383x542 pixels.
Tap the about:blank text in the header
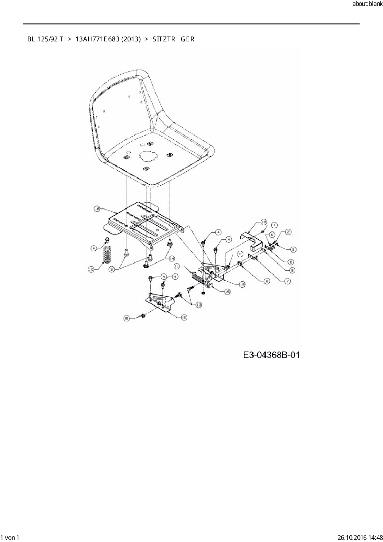tap(367, 4)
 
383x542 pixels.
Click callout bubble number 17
tap(263, 222)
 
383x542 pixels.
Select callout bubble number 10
tap(91, 270)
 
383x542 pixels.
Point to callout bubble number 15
tap(227, 291)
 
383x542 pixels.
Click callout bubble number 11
tap(177, 266)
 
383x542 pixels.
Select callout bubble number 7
tap(287, 281)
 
